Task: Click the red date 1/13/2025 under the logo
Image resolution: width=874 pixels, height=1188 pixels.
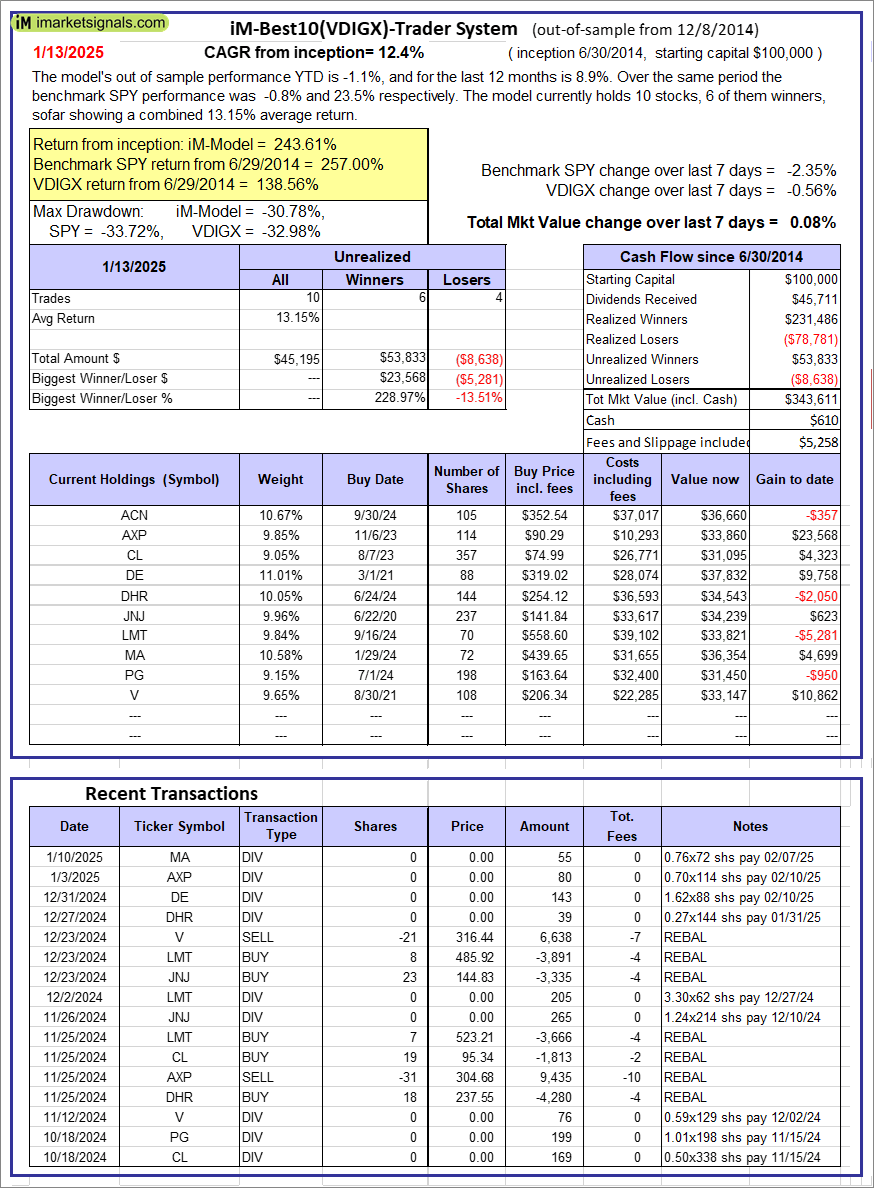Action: pyautogui.click(x=68, y=51)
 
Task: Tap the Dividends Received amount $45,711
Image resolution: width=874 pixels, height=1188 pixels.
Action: pyautogui.click(x=814, y=299)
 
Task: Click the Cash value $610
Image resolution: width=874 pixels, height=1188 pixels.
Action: pyautogui.click(x=825, y=420)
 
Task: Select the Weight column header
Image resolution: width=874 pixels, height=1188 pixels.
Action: pyautogui.click(x=280, y=479)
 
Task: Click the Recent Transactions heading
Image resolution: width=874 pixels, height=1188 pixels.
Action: pyautogui.click(x=171, y=794)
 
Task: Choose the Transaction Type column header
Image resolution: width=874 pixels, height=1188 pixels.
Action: pyautogui.click(x=280, y=826)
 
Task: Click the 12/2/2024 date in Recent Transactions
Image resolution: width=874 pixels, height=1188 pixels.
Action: pyautogui.click(x=74, y=997)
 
